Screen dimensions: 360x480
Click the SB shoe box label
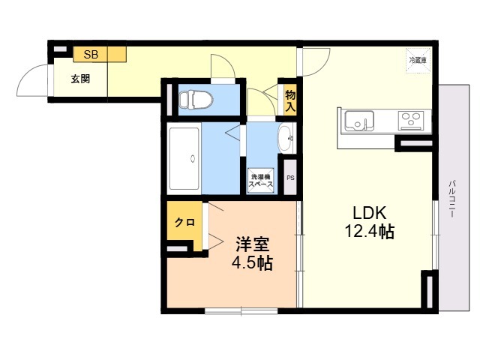pos(91,54)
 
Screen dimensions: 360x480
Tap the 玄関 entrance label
pos(80,77)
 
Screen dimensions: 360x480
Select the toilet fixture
pos(196,99)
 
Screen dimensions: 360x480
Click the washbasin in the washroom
pos(285,138)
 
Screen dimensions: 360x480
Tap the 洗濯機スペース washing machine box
pos(262,181)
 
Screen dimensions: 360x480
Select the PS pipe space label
pos(290,178)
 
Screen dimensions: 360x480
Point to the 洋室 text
pos(253,244)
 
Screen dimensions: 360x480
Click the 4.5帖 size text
pos(252,263)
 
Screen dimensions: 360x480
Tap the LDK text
pos(364,212)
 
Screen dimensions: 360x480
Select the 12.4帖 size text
pos(365,232)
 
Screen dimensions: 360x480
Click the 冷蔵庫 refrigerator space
pos(418,59)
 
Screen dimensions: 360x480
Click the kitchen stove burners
pos(410,119)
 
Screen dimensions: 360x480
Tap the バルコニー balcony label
pos(452,199)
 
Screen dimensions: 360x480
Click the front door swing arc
pos(34,77)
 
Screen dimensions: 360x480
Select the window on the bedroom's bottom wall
pos(232,310)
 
